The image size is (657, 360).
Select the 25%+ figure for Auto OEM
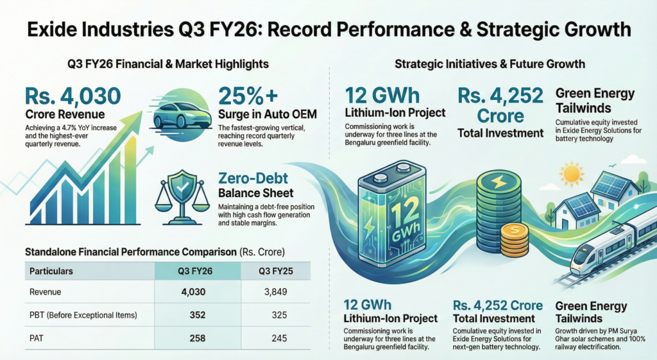(x=248, y=96)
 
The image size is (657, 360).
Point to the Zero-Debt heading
(x=252, y=176)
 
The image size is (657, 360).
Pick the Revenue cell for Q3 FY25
(x=275, y=292)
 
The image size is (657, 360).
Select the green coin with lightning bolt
(x=498, y=182)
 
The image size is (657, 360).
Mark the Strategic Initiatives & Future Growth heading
(x=490, y=64)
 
